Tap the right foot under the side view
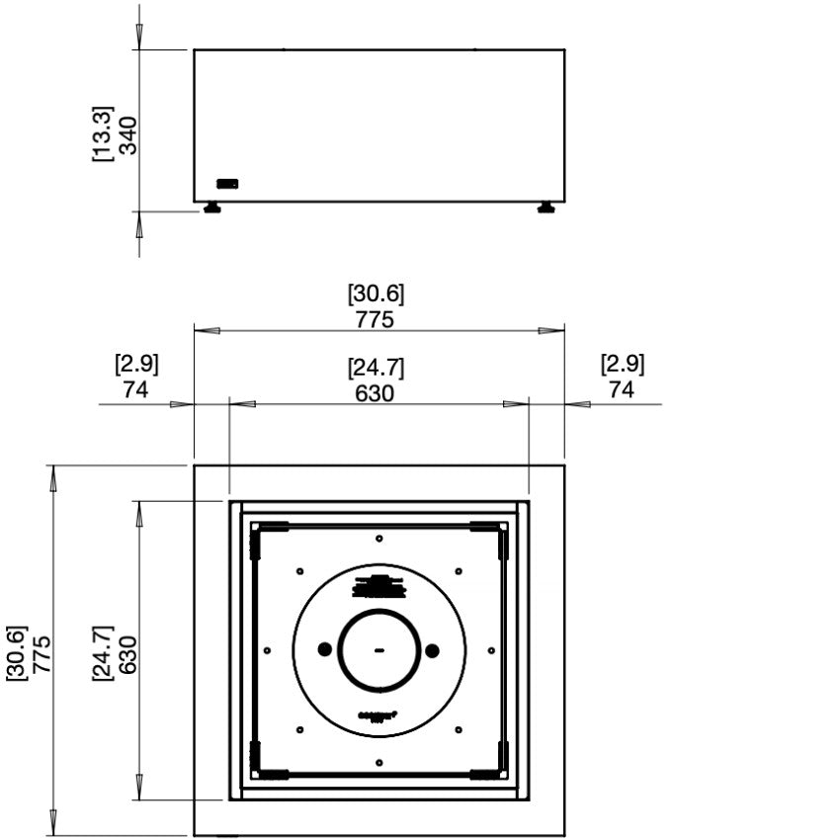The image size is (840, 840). point(546,208)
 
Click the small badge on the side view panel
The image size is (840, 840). point(227,183)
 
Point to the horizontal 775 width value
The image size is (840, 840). point(376,319)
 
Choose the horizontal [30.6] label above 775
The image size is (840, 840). point(376,294)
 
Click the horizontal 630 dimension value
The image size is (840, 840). point(376,392)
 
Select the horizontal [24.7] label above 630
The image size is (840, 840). point(376,368)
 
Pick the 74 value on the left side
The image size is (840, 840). point(136,389)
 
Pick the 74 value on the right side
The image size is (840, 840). point(622,389)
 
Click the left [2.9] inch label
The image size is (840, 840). point(136,364)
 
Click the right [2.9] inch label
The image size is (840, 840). point(622,364)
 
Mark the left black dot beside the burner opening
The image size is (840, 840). point(324,649)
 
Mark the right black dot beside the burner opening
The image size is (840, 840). point(432,649)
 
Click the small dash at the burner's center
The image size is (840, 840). point(378,650)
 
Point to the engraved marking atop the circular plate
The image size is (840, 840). point(378,587)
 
